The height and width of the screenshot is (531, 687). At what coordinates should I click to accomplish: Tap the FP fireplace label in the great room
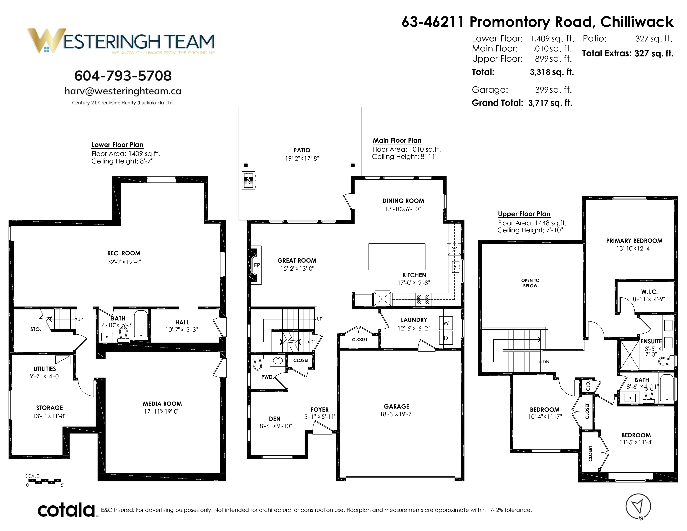click(257, 265)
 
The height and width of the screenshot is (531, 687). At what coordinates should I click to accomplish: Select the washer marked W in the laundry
click(446, 323)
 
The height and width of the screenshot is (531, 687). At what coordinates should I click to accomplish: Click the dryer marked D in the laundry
click(446, 338)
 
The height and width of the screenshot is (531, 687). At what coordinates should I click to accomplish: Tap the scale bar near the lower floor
click(44, 481)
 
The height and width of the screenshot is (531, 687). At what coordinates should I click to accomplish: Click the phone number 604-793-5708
click(123, 76)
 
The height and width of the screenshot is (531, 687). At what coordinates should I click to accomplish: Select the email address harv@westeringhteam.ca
click(123, 91)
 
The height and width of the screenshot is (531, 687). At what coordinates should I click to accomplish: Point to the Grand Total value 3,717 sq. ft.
click(550, 103)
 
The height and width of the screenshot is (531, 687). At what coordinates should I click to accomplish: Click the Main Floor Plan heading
click(397, 140)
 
